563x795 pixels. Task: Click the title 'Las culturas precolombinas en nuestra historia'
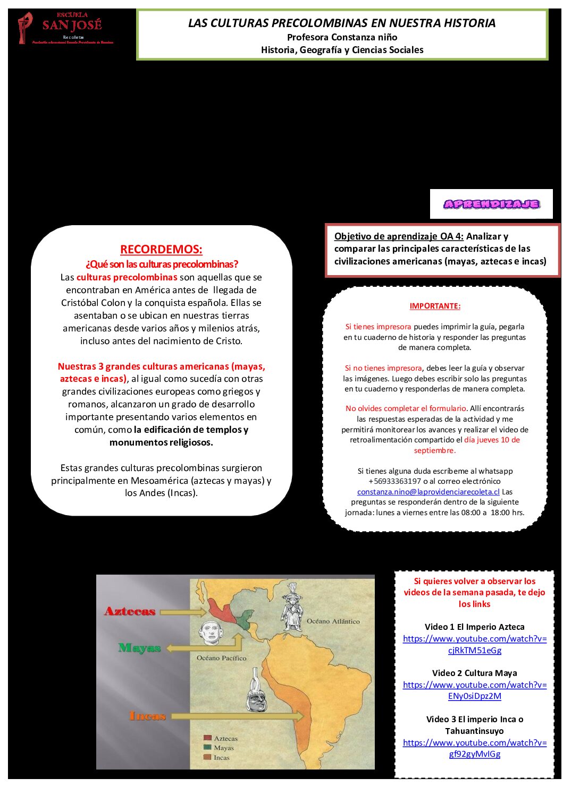[341, 23]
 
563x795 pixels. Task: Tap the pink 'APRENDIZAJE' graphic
[491, 204]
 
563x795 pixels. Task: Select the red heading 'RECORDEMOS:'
[161, 249]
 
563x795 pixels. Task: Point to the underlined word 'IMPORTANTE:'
[435, 306]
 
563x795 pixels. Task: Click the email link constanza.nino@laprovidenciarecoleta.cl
[428, 492]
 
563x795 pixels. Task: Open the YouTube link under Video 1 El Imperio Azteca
[474, 644]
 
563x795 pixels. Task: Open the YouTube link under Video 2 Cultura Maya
[474, 690]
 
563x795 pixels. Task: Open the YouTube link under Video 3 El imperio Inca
[474, 748]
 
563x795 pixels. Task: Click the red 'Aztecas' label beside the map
[130, 611]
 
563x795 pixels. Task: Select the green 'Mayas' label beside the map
[139, 648]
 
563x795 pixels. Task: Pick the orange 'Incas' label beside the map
[147, 716]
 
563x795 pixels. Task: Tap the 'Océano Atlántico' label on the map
[333, 621]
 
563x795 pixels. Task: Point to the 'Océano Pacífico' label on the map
[221, 658]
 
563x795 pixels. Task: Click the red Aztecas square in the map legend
[208, 738]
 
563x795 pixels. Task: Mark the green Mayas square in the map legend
[208, 748]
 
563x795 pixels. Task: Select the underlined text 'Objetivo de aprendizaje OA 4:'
[399, 236]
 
